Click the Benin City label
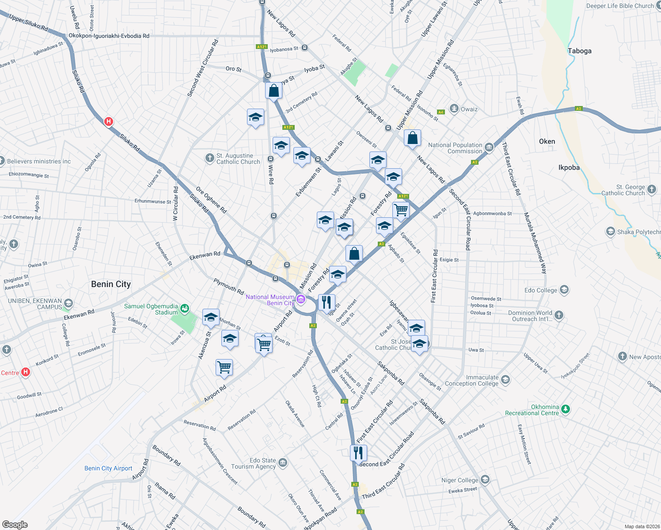111,284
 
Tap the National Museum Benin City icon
301,300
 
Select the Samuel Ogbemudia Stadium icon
185,307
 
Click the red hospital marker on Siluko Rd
109,121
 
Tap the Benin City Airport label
108,468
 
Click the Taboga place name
579,51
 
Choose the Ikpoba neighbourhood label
569,167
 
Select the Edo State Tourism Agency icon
283,463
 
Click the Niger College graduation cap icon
485,480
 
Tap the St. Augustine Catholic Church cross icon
210,158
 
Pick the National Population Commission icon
489,148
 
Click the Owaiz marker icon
454,109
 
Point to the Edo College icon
564,290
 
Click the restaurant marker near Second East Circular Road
358,453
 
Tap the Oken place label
547,141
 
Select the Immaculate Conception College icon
505,380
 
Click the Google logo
15,524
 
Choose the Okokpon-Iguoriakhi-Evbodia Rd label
109,36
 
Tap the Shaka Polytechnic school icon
610,231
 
